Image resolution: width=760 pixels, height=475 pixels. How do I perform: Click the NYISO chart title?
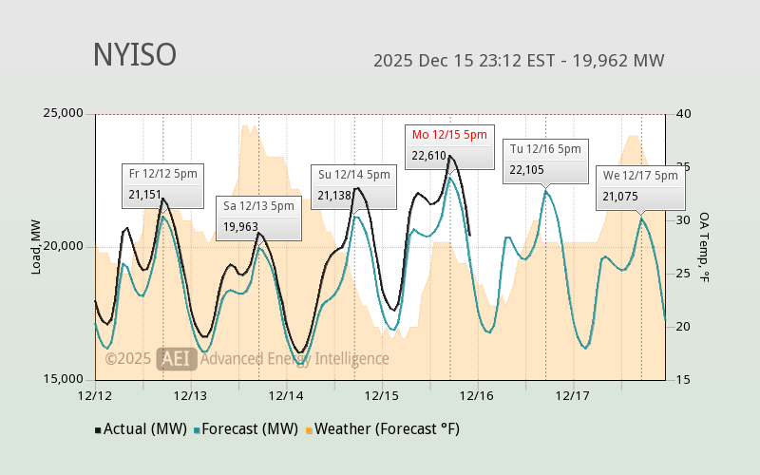click(134, 55)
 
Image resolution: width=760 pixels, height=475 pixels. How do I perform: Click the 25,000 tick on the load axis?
click(65, 114)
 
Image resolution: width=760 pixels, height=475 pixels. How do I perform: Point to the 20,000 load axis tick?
click(65, 246)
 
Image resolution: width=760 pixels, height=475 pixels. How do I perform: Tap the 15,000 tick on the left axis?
click(65, 379)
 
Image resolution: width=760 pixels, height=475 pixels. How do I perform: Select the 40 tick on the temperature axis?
click(683, 114)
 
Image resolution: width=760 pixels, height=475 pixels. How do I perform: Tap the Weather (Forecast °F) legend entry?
click(382, 428)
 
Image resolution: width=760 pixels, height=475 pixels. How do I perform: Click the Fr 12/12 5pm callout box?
click(163, 184)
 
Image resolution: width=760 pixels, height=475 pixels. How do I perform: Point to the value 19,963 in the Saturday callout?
click(240, 227)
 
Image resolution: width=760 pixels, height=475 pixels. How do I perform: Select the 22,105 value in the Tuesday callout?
click(527, 170)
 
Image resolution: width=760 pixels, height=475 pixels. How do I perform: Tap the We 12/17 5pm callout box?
click(640, 186)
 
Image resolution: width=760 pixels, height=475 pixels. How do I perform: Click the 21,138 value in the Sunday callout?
click(335, 196)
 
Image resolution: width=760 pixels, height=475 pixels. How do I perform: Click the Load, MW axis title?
click(36, 246)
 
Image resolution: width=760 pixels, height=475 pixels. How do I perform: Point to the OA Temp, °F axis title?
click(704, 246)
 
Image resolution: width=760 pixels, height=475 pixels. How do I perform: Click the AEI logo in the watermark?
click(177, 359)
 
